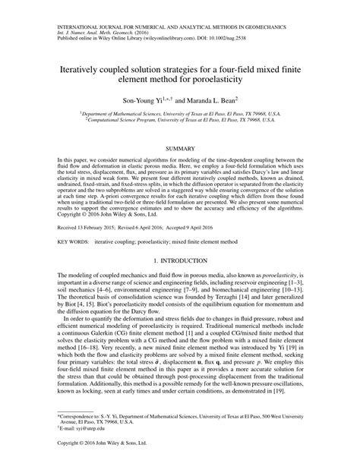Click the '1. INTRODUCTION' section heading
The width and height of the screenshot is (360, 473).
(179, 260)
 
